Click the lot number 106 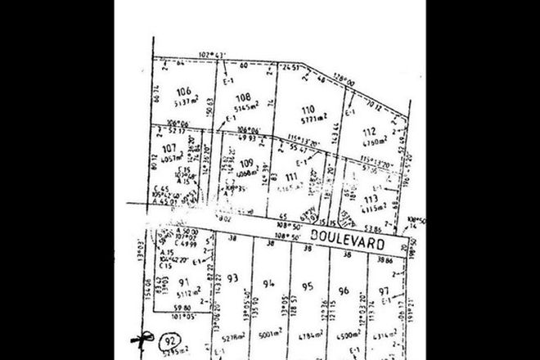(x=182, y=92)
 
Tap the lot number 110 (x=308, y=108)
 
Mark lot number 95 (x=308, y=286)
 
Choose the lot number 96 (x=344, y=290)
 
